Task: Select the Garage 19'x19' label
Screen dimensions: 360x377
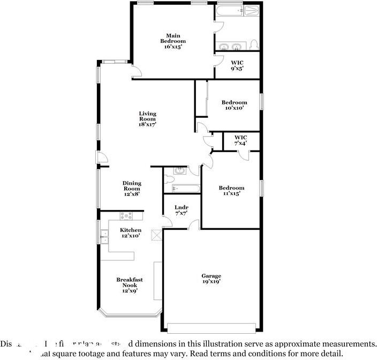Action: [x=211, y=279]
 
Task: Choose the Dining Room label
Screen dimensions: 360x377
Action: [x=132, y=189]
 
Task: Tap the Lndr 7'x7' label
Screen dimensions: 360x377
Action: [x=181, y=211]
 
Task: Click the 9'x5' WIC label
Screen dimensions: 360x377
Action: [x=237, y=65]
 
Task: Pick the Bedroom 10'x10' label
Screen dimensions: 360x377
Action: [x=235, y=105]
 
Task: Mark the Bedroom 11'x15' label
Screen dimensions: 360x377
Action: [x=231, y=190]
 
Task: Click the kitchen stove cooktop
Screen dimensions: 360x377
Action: [x=127, y=216]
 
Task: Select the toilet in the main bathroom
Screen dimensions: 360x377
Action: [x=255, y=44]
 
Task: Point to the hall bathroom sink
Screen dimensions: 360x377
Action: [x=180, y=171]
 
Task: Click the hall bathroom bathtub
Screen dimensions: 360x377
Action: [x=185, y=188]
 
